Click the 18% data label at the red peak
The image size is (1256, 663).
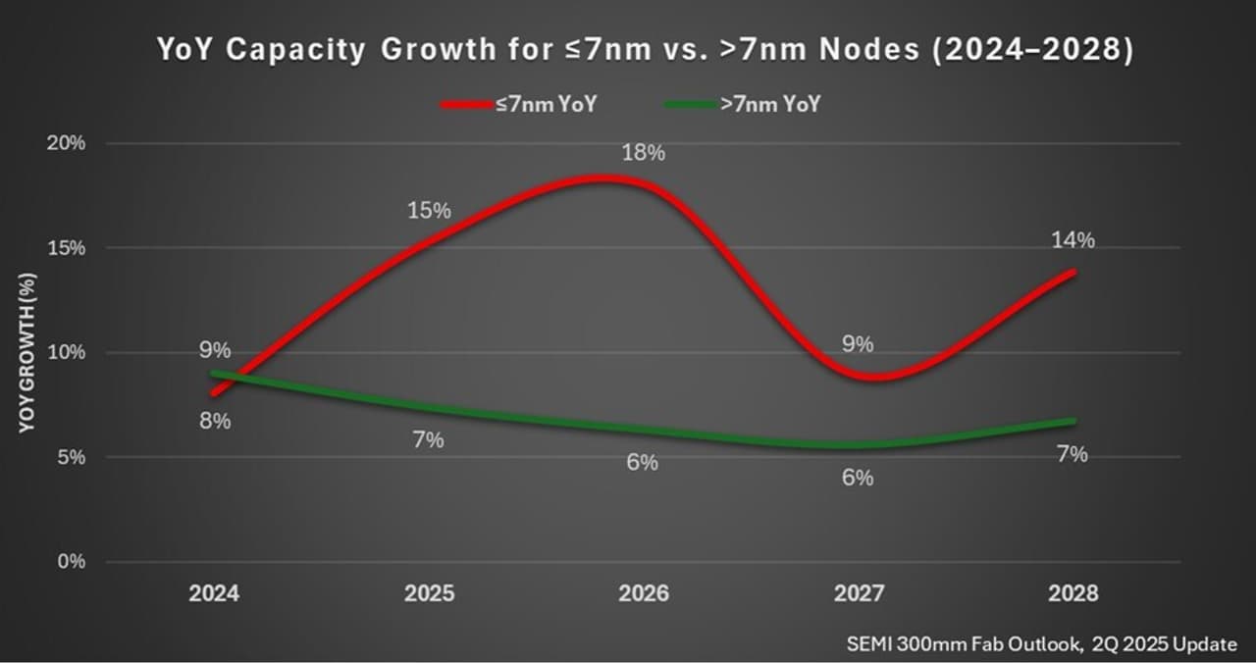643,153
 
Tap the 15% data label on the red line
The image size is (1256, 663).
429,211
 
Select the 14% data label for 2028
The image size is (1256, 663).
1072,240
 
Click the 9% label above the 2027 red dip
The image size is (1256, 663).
857,344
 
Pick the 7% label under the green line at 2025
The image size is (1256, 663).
428,440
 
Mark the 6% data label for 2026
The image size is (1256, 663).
642,463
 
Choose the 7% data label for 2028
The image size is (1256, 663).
1072,455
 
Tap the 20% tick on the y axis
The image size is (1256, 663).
68,143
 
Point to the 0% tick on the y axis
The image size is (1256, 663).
72,562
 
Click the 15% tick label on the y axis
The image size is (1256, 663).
68,248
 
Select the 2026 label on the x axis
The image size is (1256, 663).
643,594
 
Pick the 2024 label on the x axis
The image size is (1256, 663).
214,594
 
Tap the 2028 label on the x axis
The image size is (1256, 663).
1072,594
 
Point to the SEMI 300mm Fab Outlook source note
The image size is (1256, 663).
1041,644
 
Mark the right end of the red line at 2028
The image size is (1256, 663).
1074,272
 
